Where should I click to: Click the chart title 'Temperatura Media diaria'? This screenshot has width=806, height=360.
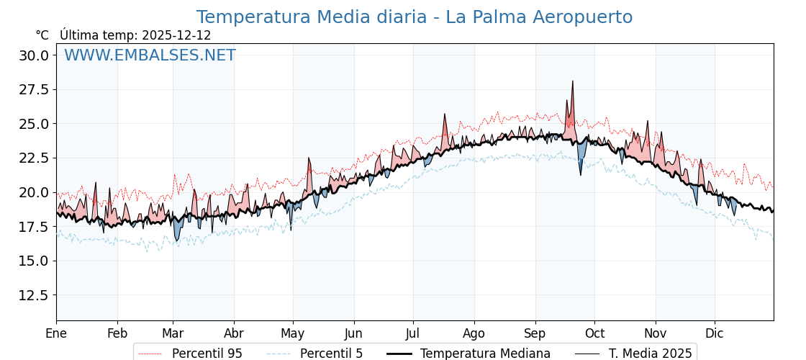(x=415, y=17)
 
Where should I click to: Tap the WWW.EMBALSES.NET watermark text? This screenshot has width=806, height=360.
(x=150, y=55)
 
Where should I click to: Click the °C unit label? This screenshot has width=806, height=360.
(x=42, y=35)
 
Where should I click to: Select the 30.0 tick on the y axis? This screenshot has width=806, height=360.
(x=34, y=55)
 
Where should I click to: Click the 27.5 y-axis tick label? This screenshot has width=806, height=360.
(x=34, y=90)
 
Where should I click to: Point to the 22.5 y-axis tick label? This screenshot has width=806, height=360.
(x=34, y=158)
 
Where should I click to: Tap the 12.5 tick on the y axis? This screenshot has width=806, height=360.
(x=34, y=295)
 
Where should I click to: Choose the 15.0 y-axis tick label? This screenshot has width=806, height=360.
(x=34, y=261)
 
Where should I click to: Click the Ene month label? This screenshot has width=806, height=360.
(x=56, y=333)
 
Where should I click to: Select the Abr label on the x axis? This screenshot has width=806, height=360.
(x=233, y=333)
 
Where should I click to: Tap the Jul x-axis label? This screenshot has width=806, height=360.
(x=413, y=333)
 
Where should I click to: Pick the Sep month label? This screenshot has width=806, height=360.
(x=535, y=333)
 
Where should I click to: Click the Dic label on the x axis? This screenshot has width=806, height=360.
(x=715, y=333)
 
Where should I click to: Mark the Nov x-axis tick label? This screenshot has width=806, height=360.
(x=655, y=333)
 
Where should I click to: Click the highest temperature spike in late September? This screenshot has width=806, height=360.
(x=573, y=82)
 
